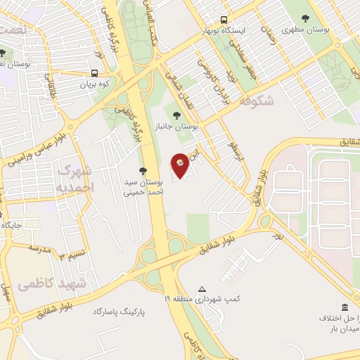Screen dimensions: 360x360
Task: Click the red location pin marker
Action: [181, 165]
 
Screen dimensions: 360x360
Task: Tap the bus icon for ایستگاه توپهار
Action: [224, 20]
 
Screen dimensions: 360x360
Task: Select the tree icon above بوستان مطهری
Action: [305, 18]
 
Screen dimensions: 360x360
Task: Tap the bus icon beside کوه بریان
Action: [95, 73]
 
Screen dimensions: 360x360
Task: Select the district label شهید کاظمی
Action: [52, 283]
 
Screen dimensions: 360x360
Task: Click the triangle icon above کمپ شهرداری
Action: [202, 289]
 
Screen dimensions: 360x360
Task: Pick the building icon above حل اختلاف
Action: [344, 307]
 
